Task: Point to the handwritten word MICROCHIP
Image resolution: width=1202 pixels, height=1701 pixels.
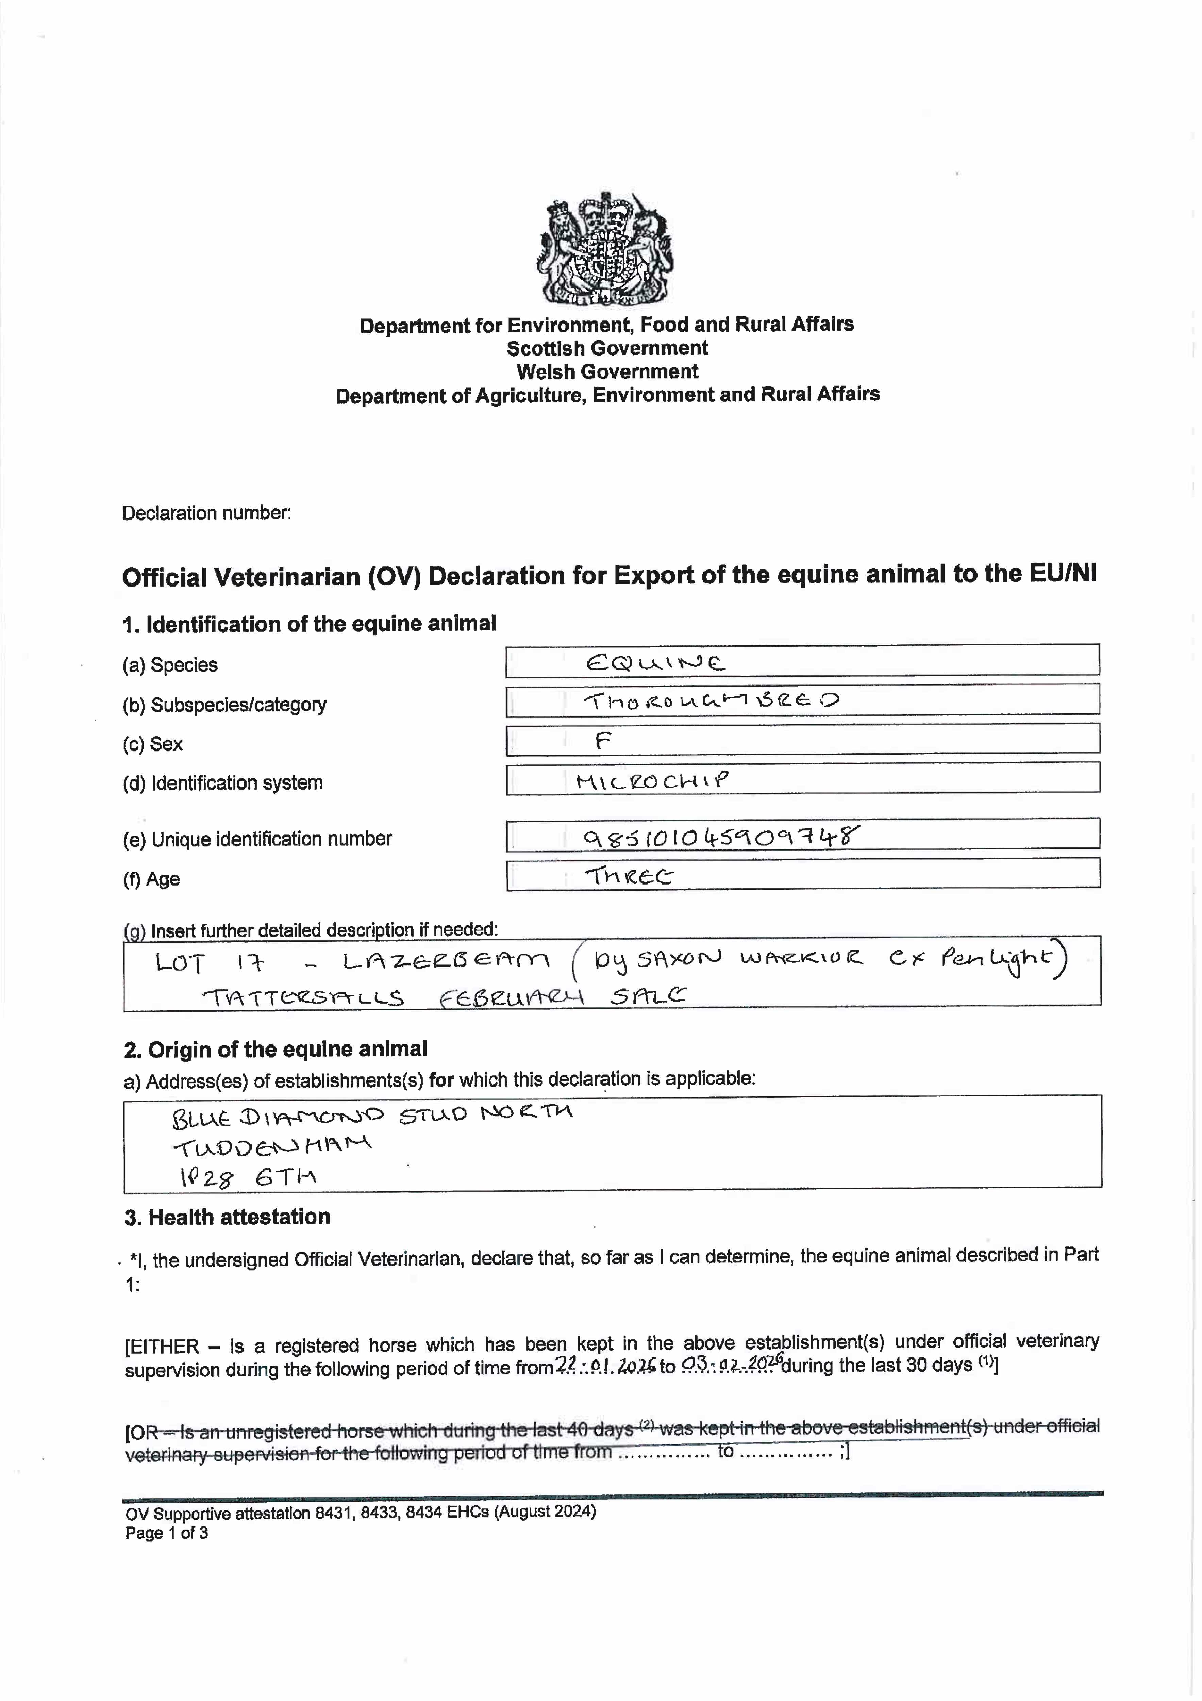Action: pyautogui.click(x=652, y=780)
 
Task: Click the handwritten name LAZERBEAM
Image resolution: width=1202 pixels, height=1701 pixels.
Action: pyautogui.click(x=446, y=962)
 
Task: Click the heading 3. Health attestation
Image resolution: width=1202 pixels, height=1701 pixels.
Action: pyautogui.click(x=227, y=1217)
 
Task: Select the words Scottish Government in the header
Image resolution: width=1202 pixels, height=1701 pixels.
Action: pyautogui.click(x=606, y=348)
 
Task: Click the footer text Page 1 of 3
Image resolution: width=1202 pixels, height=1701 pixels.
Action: pyautogui.click(x=167, y=1533)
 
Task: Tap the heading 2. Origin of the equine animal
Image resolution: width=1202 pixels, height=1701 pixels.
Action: pyautogui.click(x=276, y=1049)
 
